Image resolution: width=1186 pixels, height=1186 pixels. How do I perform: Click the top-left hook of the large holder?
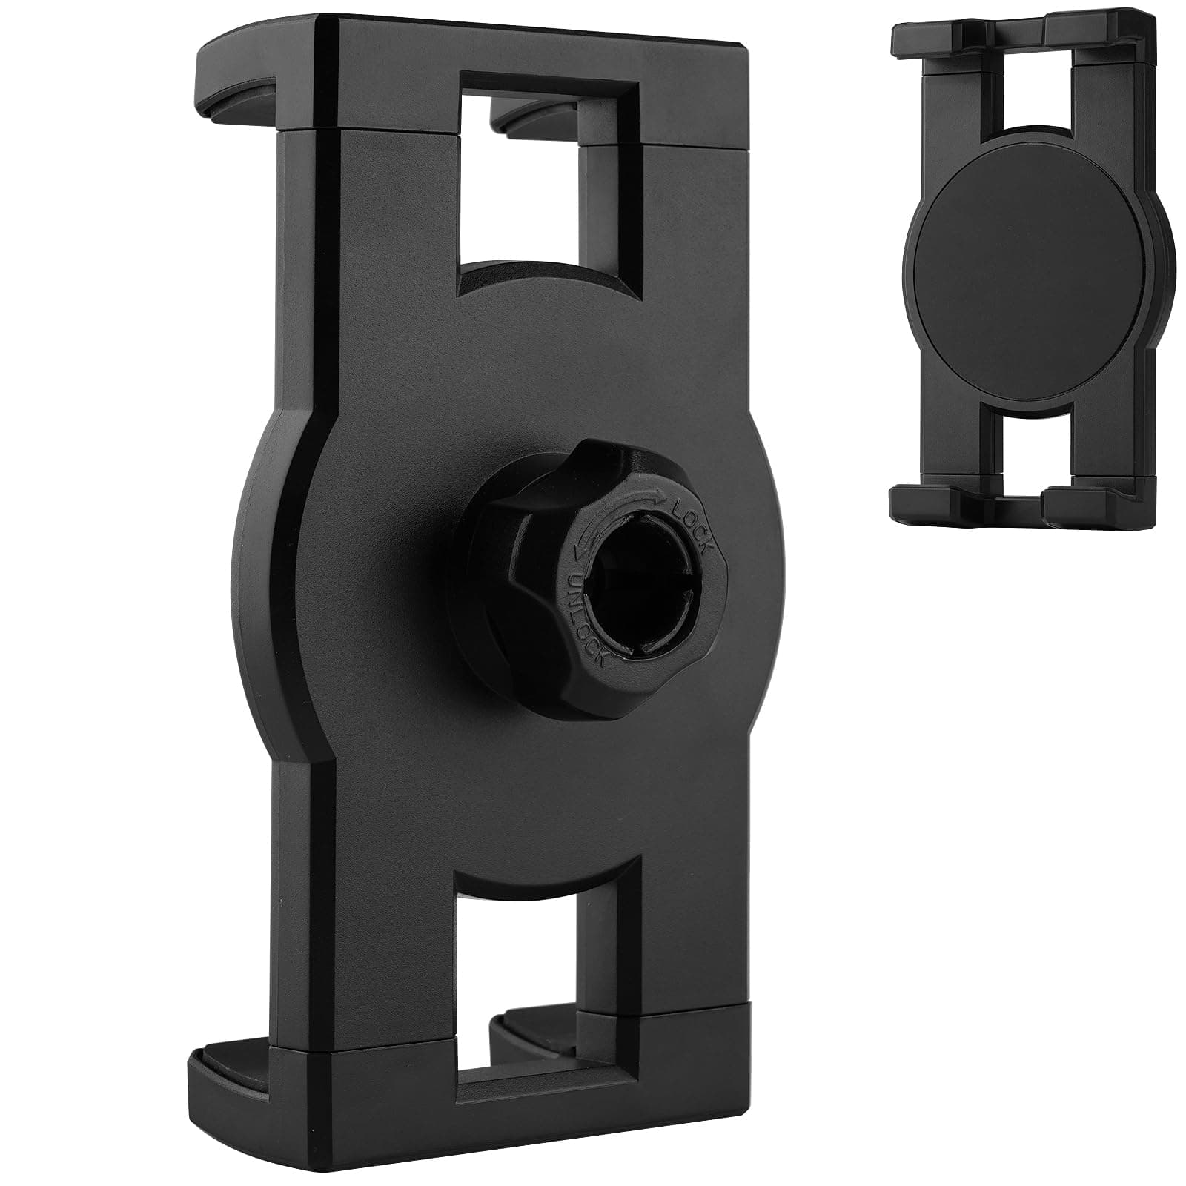pyautogui.click(x=237, y=82)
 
